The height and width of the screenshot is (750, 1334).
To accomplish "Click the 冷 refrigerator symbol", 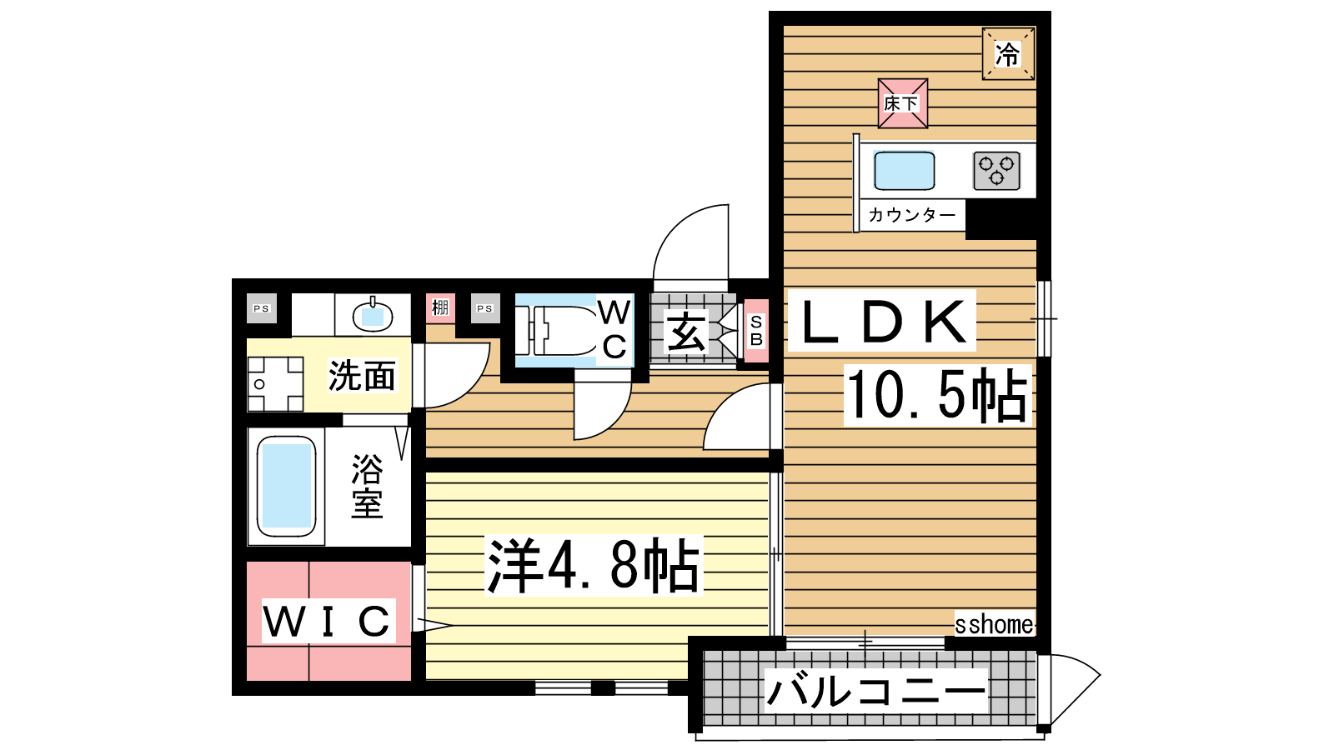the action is pyautogui.click(x=1008, y=54).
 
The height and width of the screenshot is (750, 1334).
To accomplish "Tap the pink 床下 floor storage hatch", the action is pyautogui.click(x=902, y=103).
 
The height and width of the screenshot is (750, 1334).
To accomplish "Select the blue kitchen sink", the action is pyautogui.click(x=904, y=171).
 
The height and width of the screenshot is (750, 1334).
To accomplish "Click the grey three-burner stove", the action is pyautogui.click(x=996, y=171).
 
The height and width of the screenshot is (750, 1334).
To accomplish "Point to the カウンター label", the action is pyautogui.click(x=912, y=214).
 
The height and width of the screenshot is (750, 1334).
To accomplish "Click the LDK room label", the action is pyautogui.click(x=882, y=321).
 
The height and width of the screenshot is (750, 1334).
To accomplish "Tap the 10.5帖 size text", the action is pyautogui.click(x=937, y=395).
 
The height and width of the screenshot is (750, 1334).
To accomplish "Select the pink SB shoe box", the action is pyautogui.click(x=755, y=331).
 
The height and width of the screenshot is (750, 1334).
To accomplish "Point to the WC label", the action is pyautogui.click(x=614, y=330).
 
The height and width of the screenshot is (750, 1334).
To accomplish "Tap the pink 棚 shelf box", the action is pyautogui.click(x=440, y=307).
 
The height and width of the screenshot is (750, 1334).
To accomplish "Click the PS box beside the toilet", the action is pyautogui.click(x=485, y=308).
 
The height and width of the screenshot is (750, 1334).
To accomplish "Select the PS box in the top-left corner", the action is pyautogui.click(x=262, y=308).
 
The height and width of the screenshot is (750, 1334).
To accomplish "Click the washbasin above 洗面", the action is pyautogui.click(x=373, y=315).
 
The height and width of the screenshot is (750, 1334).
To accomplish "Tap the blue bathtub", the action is pyautogui.click(x=287, y=487).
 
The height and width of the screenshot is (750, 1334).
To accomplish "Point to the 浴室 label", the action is pyautogui.click(x=367, y=486).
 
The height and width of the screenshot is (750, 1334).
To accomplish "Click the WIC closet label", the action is pyautogui.click(x=328, y=621).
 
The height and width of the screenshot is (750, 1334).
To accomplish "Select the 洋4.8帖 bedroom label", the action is pyautogui.click(x=593, y=565).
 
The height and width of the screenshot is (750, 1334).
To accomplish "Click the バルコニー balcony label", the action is pyautogui.click(x=875, y=691).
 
